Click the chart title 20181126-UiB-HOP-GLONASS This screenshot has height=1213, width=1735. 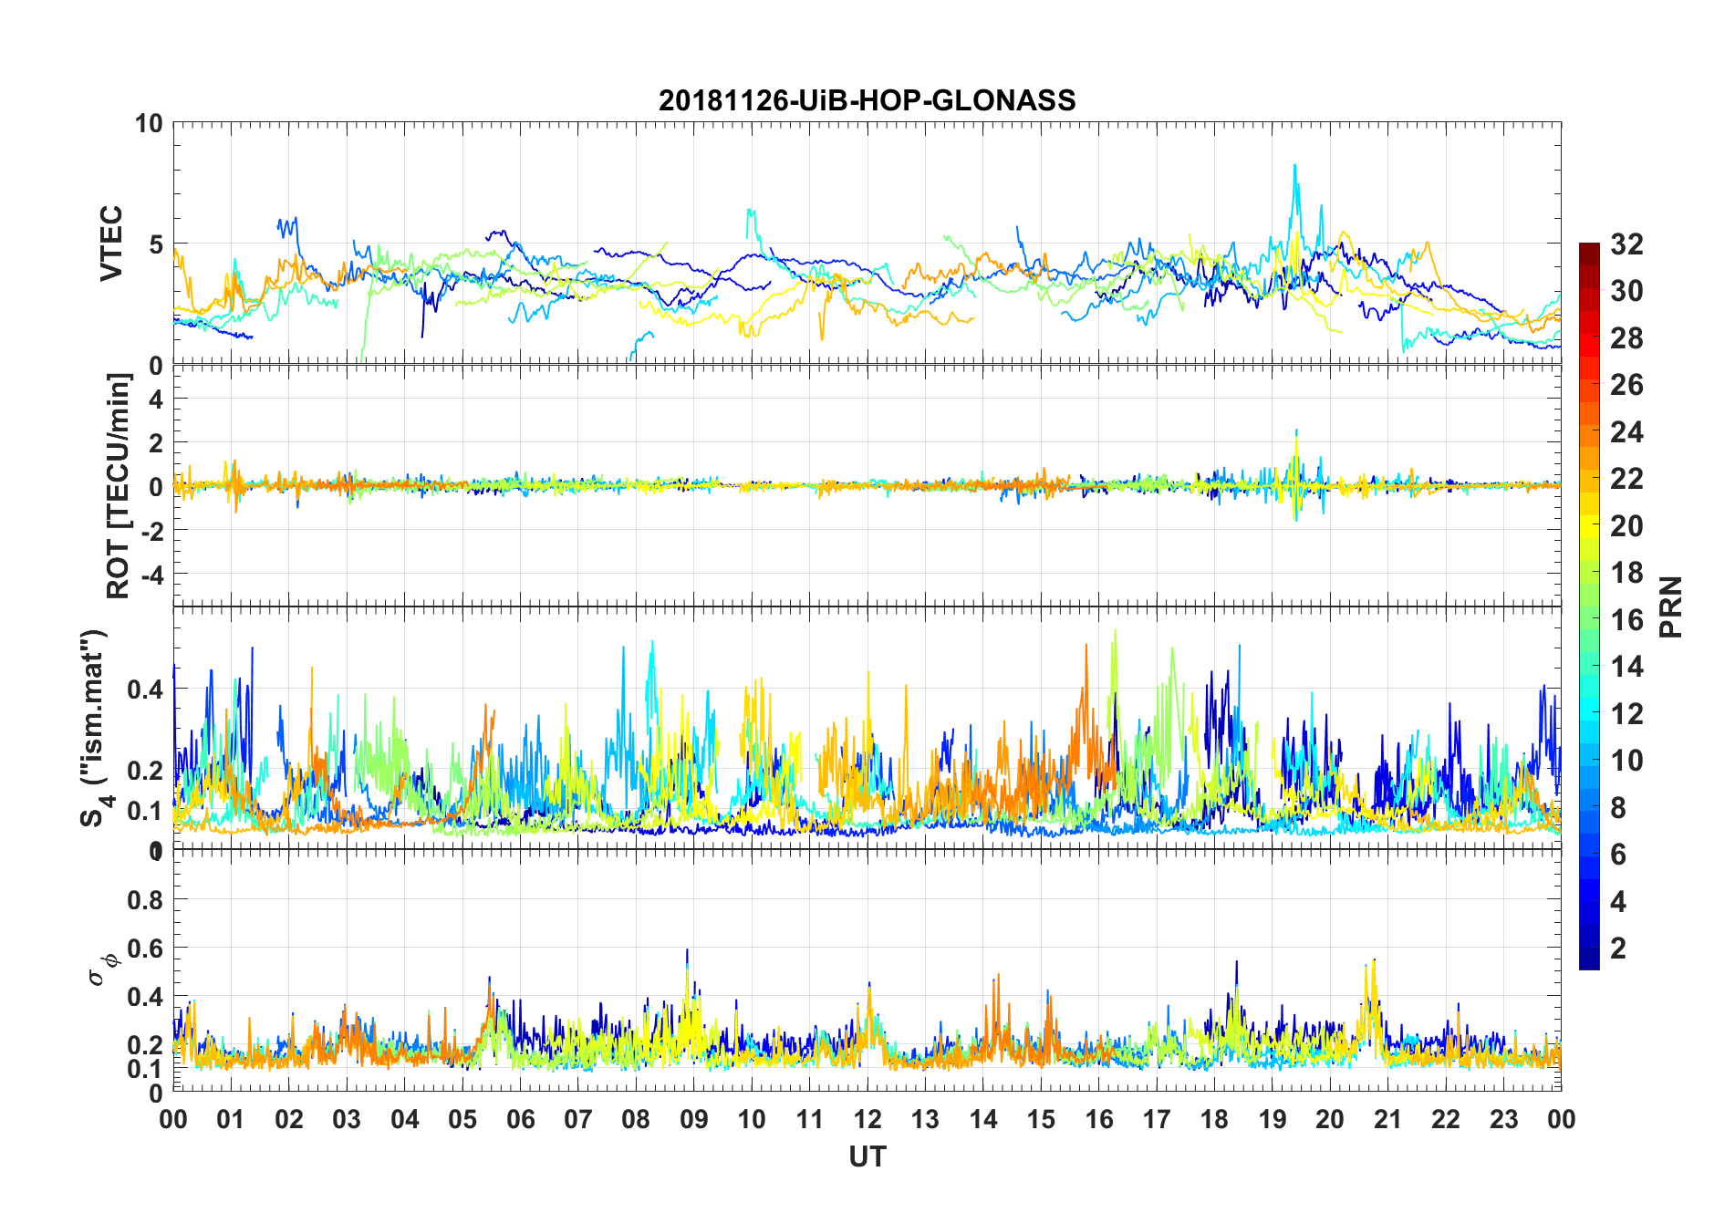pos(867,99)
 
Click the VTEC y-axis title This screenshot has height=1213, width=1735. pos(111,244)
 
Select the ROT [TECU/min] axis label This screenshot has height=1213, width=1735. pos(119,486)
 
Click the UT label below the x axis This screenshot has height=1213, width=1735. pos(867,1157)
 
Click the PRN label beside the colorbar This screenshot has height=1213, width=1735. pos(1670,606)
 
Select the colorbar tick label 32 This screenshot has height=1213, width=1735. pos(1626,244)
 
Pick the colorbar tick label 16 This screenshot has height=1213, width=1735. pos(1626,620)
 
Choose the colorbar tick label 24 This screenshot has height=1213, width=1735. pos(1626,431)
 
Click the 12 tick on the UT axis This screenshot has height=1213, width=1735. pos(867,1119)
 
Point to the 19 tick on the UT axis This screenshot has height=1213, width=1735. pos(1273,1119)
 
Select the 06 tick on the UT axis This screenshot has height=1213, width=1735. pos(521,1119)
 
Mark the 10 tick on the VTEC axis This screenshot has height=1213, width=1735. pos(149,123)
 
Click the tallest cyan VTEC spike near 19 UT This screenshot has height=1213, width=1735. pos(1294,166)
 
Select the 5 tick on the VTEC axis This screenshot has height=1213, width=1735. pos(156,244)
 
